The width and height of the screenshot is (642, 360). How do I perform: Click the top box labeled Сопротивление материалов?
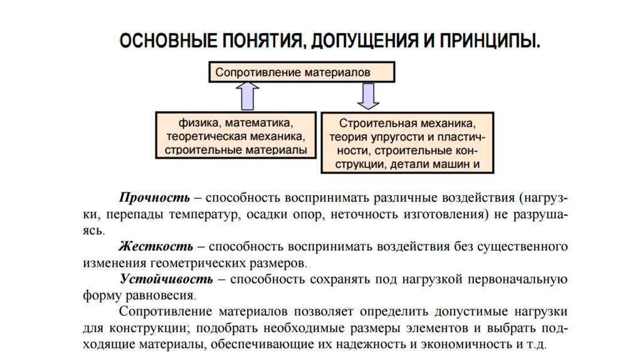(x=301, y=72)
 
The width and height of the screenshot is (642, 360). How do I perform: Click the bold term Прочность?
(x=155, y=198)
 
